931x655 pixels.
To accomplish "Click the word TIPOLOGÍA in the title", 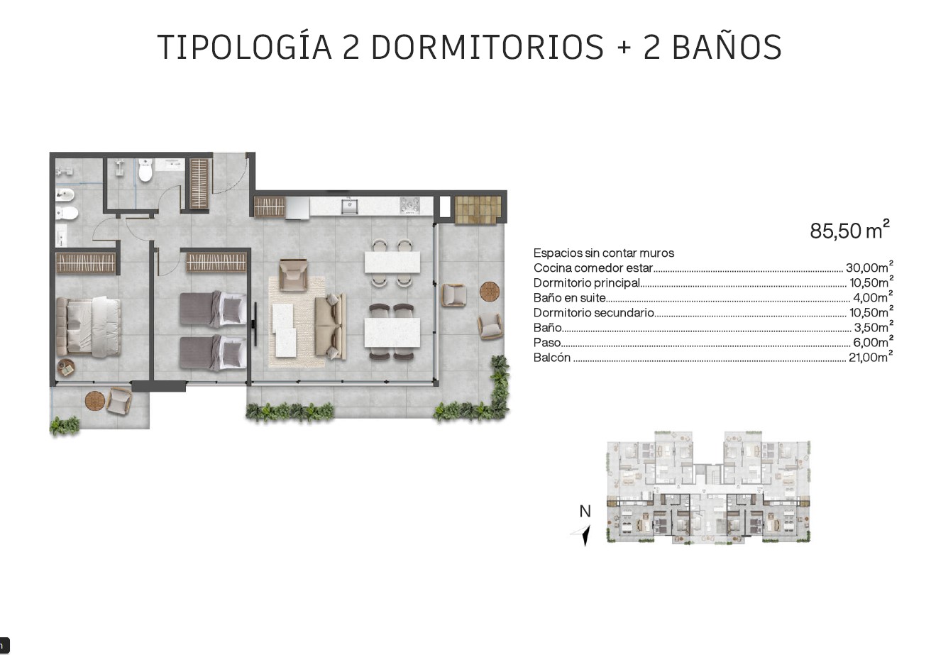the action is tap(245, 47).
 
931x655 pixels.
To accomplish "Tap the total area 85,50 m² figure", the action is tap(850, 230).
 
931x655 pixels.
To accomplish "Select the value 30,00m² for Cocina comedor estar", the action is tap(869, 267).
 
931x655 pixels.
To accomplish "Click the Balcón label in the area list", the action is tap(552, 358).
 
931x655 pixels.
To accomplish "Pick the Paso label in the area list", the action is tap(547, 343).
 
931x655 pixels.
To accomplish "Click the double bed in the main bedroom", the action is tap(89, 326).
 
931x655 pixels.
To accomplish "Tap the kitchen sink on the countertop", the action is tap(350, 206).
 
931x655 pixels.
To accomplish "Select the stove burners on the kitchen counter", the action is tap(410, 206).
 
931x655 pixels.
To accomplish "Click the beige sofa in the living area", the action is tap(331, 326).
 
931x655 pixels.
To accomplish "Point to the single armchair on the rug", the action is tap(294, 275).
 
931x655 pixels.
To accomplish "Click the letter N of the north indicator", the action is tap(585, 511).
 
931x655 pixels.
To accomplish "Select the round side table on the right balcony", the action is tap(490, 291).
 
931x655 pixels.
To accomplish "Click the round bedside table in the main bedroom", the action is tap(66, 368).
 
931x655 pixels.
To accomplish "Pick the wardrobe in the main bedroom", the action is tap(86, 263).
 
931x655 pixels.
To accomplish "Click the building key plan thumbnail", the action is tap(709, 487).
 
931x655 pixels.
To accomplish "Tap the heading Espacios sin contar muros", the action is tap(603, 253).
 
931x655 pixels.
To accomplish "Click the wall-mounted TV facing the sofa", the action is tap(255, 324).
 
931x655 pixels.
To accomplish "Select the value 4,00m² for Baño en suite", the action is tap(873, 297).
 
